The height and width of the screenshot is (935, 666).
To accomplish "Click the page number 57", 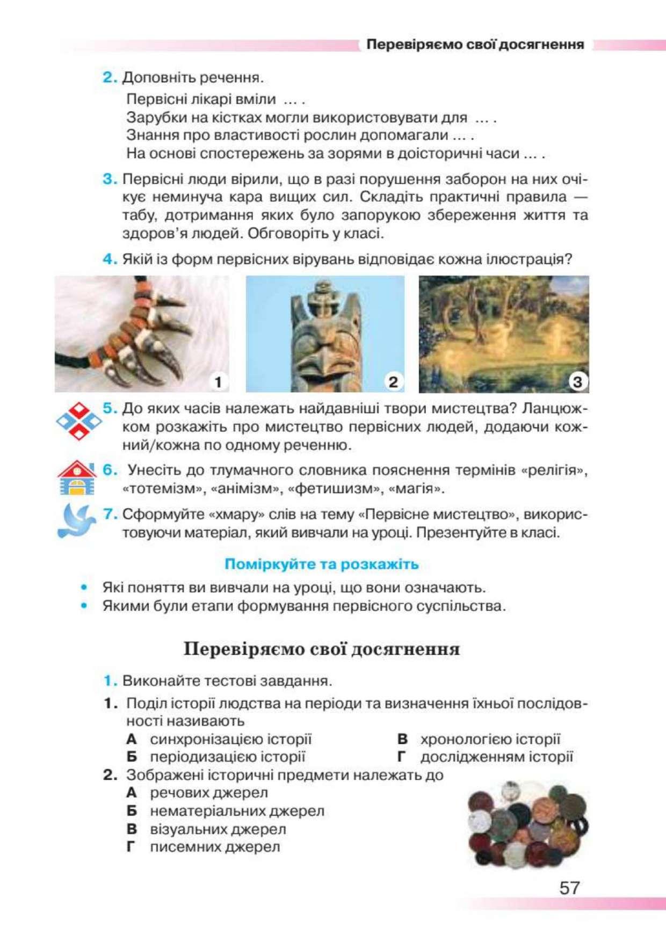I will click(x=569, y=887).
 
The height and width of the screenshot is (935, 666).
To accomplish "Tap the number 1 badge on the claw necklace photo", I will click(x=218, y=382).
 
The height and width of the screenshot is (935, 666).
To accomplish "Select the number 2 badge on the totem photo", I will click(x=393, y=382).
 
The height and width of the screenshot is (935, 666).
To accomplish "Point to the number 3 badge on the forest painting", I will click(x=577, y=382).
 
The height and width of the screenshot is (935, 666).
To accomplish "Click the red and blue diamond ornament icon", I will click(x=79, y=421).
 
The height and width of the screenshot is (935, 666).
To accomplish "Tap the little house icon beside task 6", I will click(x=77, y=477).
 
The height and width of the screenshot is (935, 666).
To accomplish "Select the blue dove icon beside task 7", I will click(x=77, y=520).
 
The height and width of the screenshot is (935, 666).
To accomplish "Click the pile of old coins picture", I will click(x=527, y=824).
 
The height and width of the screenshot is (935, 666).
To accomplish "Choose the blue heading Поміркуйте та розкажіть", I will click(x=321, y=564).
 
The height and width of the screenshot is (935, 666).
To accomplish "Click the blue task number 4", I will click(x=110, y=259).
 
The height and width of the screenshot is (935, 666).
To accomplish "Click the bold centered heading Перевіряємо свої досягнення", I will click(x=322, y=649).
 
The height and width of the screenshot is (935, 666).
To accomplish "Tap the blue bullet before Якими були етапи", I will click(x=84, y=606).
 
